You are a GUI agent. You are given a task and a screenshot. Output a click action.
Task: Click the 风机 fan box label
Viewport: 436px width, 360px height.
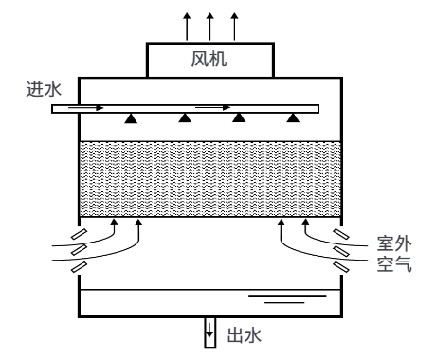tap(209, 59)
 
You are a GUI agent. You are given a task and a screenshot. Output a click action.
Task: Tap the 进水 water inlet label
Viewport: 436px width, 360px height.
tap(44, 89)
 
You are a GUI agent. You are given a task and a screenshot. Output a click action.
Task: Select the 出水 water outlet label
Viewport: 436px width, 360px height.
tap(245, 335)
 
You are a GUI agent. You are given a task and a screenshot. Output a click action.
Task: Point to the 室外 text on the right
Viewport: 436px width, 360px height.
tap(394, 243)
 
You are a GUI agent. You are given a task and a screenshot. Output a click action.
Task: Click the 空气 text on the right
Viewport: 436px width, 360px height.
tap(394, 263)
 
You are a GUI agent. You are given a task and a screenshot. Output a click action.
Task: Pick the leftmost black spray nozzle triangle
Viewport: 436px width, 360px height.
tap(131, 118)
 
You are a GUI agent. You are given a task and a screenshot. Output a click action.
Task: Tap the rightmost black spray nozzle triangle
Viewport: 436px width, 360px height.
tap(293, 117)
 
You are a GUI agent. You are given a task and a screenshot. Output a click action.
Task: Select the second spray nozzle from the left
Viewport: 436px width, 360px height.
tap(185, 117)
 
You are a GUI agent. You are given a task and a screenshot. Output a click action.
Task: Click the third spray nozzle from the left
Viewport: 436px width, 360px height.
tap(239, 117)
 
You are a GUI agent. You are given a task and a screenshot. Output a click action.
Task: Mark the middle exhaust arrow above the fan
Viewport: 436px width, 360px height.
tap(209, 27)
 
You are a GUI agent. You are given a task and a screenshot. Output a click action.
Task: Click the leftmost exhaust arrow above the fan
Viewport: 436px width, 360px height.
tap(187, 27)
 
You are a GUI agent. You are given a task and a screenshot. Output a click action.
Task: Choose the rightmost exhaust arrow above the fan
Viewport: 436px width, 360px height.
tap(234, 27)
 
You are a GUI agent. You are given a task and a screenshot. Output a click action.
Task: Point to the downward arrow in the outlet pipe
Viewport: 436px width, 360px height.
tap(209, 330)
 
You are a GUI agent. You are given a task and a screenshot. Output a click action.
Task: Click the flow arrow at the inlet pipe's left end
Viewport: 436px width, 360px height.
tap(86, 108)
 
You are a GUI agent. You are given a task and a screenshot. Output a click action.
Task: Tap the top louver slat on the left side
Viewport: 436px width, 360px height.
tap(79, 235)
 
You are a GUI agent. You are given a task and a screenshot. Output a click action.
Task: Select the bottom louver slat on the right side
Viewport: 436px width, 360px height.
tap(341, 267)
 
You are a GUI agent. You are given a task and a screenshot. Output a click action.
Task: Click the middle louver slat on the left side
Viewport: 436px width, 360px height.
tap(79, 249)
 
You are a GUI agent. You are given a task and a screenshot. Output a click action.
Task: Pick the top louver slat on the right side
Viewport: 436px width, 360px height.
tap(341, 234)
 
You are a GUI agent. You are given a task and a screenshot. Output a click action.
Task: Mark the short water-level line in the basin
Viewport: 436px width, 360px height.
tap(284, 303)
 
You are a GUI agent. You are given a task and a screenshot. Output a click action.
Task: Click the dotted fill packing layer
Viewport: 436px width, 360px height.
tap(210, 179)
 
